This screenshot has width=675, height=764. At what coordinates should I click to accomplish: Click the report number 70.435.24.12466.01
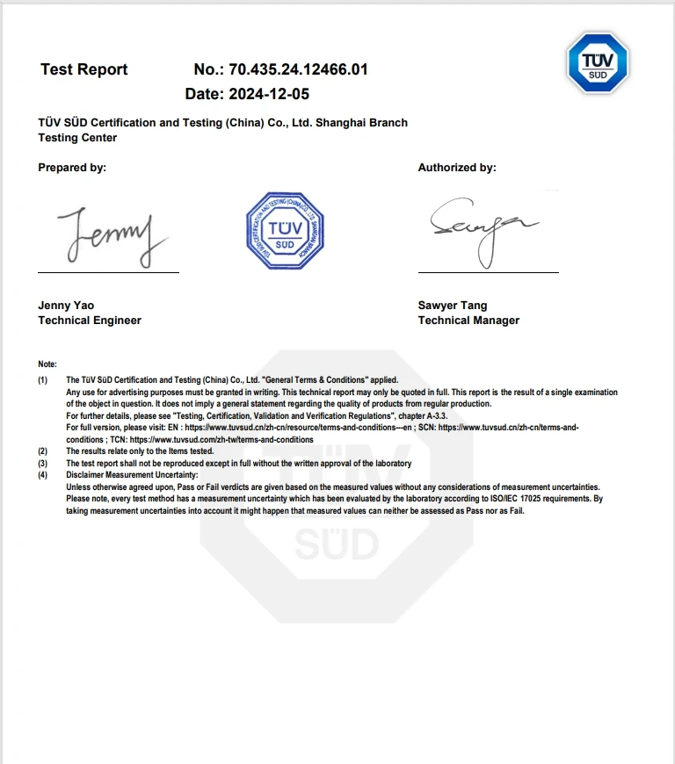click(298, 69)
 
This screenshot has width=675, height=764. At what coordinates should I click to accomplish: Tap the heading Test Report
click(83, 69)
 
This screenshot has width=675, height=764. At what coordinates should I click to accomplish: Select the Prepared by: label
click(72, 168)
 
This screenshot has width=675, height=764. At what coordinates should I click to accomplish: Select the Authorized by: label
click(456, 168)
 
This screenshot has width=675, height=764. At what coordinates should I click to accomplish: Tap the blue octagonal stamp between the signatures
click(286, 231)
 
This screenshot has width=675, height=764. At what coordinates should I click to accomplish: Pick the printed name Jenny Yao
click(66, 306)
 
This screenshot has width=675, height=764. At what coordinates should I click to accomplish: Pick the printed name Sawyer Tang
click(452, 306)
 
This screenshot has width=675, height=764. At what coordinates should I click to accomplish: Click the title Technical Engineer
click(90, 321)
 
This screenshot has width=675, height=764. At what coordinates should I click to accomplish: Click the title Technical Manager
click(468, 321)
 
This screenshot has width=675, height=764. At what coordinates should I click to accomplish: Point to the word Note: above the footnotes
click(47, 364)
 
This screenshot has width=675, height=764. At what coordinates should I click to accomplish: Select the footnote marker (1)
click(43, 380)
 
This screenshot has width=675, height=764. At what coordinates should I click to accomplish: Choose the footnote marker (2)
click(43, 451)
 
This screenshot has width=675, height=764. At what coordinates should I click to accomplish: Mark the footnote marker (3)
click(43, 464)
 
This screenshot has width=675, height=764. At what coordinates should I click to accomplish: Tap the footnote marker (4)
click(43, 475)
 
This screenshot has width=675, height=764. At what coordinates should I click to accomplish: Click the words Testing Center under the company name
click(77, 138)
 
